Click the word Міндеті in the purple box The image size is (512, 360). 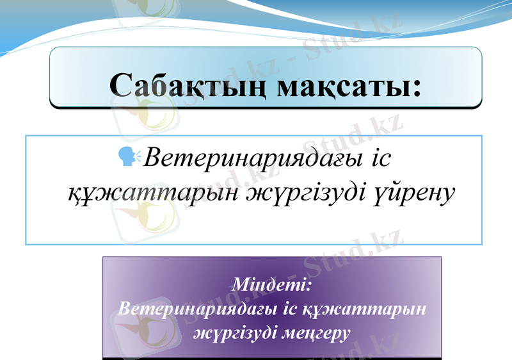[x=269, y=283]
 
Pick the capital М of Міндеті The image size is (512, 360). [x=241, y=283]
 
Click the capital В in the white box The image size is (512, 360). [x=154, y=157]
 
